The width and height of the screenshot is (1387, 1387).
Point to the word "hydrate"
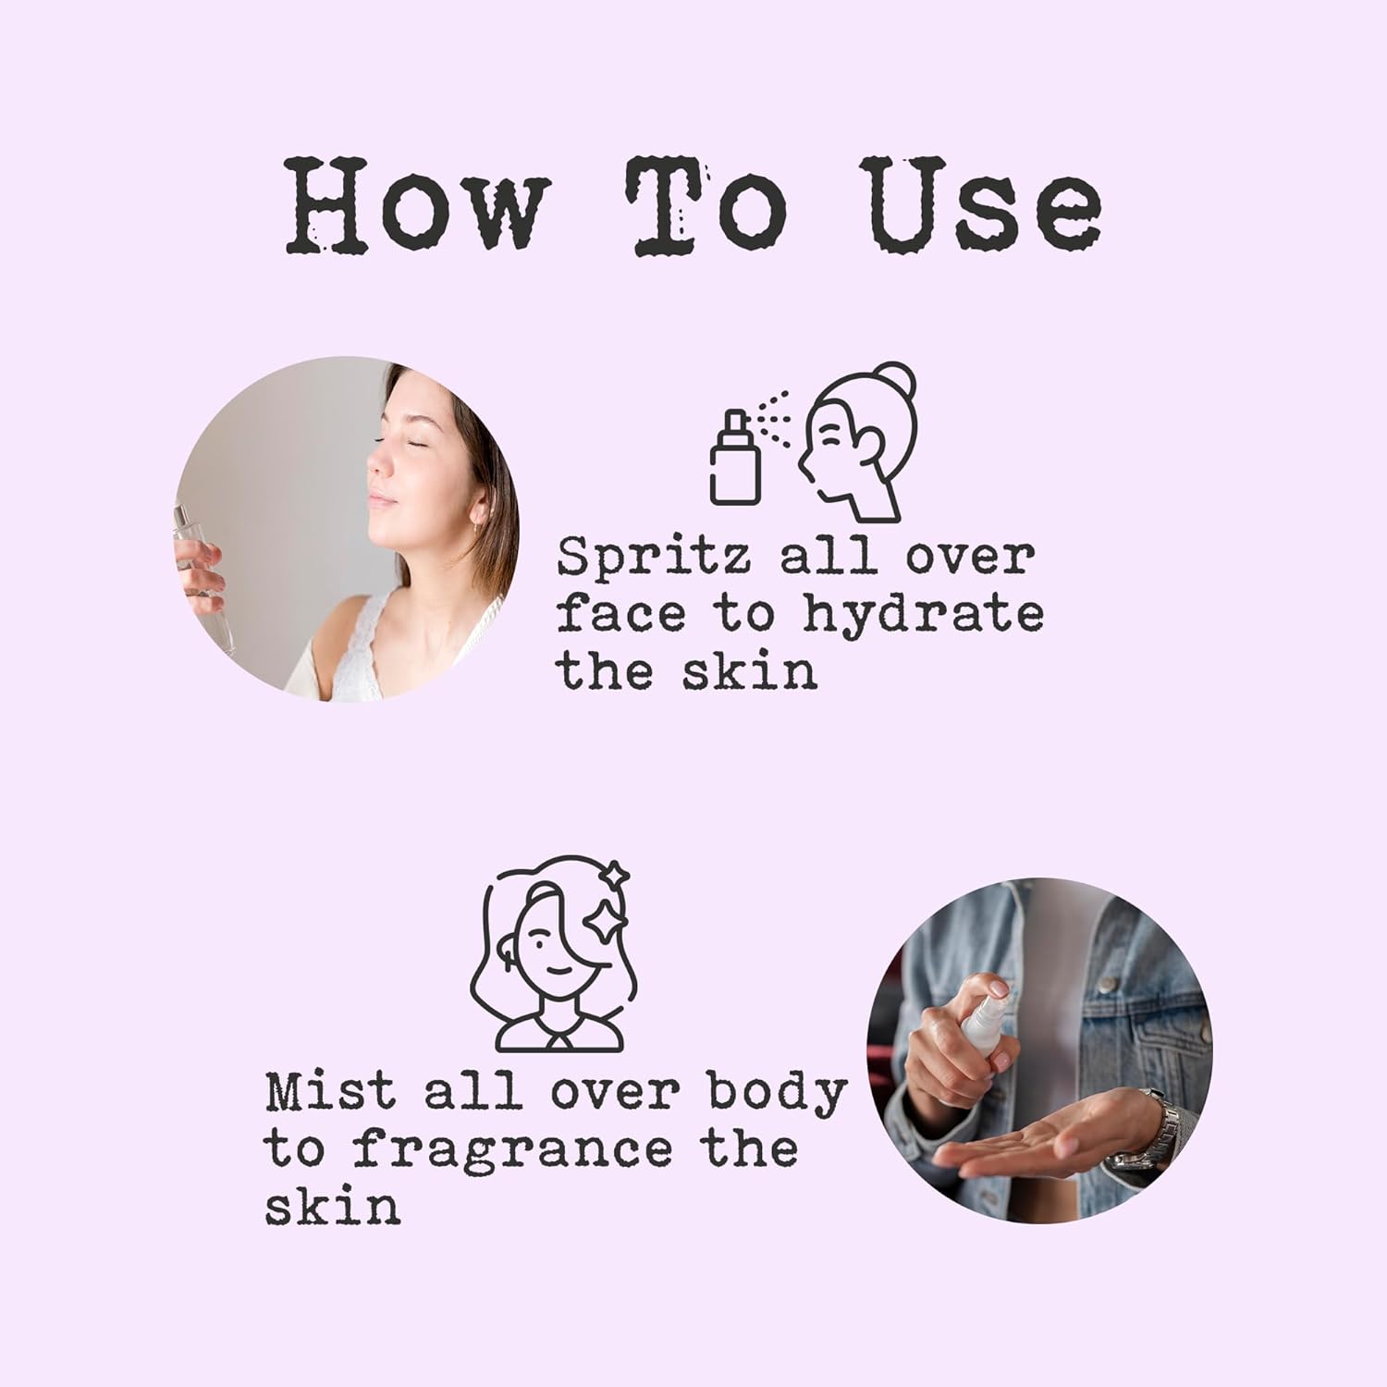(923, 616)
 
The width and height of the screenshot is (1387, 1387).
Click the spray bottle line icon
(735, 457)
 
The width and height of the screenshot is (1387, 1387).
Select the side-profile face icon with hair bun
(857, 441)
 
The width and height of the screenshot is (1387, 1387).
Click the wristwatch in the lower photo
(1147, 1132)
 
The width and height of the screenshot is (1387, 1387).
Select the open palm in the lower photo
(1036, 1132)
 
